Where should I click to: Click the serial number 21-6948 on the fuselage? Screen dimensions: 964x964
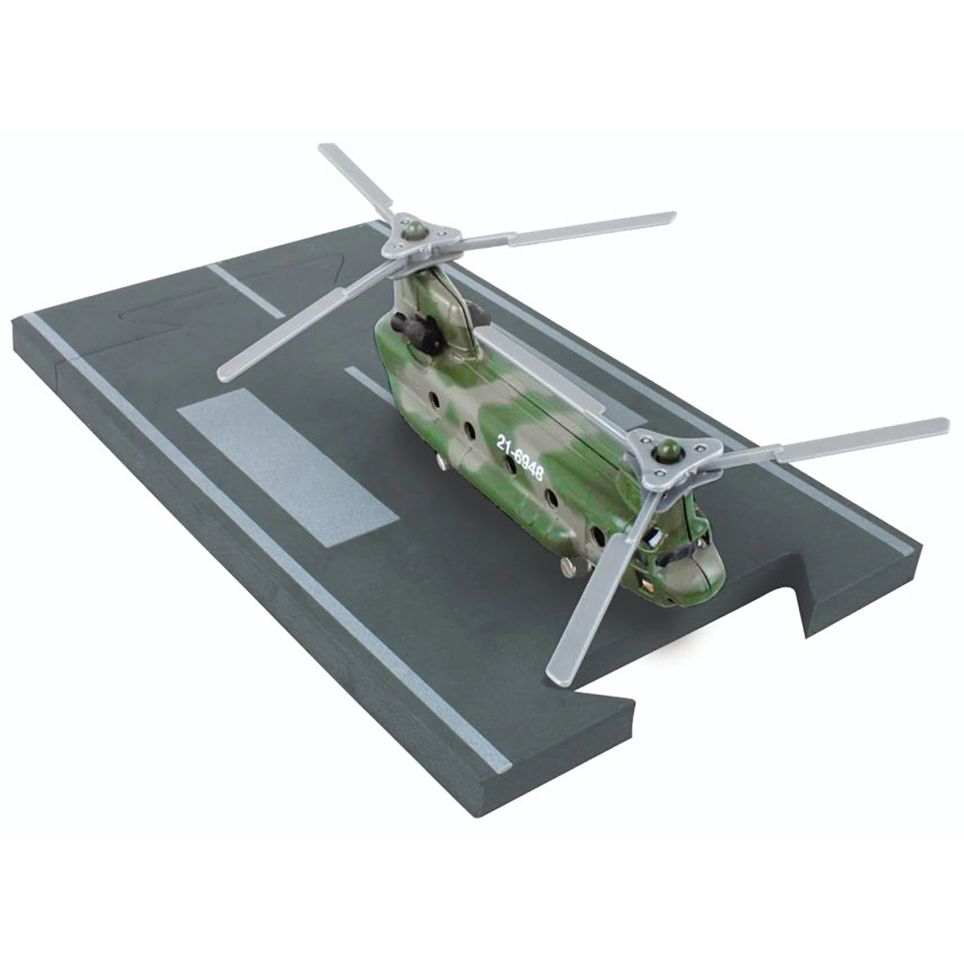(x=519, y=457)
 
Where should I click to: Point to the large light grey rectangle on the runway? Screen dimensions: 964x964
(x=287, y=467)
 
